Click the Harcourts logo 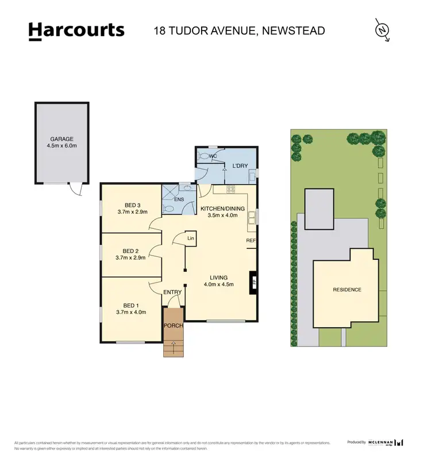(76, 30)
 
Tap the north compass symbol (382, 30)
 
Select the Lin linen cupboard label (191, 238)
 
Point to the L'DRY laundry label (240, 166)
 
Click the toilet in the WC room (203, 156)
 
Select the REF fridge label (251, 240)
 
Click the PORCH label (174, 326)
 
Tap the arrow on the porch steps (174, 345)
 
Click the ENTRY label (172, 292)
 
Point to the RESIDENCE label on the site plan (347, 290)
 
